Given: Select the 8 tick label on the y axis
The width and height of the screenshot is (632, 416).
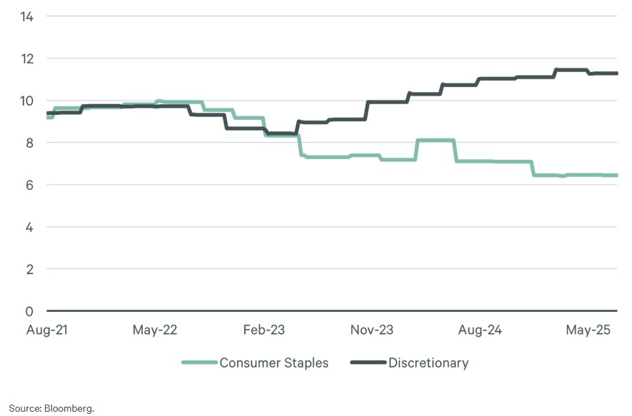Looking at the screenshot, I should pos(30,143).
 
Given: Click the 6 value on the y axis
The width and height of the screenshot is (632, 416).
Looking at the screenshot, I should pos(30,185).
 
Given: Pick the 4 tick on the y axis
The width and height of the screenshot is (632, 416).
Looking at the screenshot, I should pos(30,227).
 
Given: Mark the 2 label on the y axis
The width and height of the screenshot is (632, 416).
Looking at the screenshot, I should pos(30,269).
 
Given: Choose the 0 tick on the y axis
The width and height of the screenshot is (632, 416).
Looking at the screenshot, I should pos(30,311).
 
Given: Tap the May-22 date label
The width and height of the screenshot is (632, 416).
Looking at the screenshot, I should pos(156,330).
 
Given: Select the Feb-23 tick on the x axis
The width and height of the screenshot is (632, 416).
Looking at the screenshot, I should pos(264,330).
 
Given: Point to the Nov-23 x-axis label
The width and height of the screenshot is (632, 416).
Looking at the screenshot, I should pos(372,330).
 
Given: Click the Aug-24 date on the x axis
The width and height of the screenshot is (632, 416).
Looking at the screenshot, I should pos(480,330).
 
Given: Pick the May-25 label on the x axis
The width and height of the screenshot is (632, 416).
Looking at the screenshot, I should pos(588,330).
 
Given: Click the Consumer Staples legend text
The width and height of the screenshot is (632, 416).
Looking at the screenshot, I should pos(274,363).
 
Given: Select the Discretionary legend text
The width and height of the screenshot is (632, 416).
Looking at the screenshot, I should pos(428,363).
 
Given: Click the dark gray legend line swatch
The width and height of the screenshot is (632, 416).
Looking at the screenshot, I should pos(368,363).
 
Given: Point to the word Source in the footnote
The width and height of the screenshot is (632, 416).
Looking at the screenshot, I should pos(22,408).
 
